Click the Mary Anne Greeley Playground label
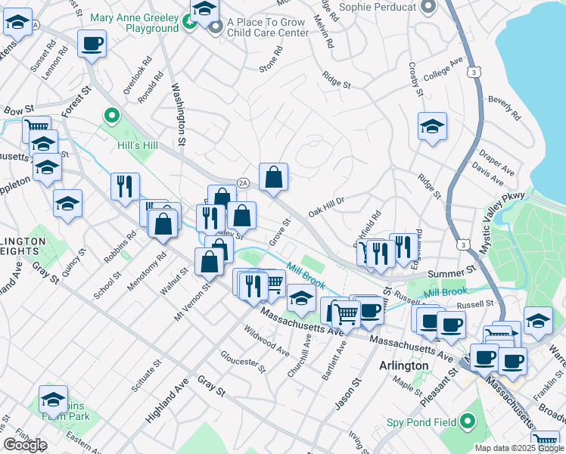[134, 23]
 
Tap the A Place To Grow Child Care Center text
[266, 28]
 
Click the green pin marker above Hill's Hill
[112, 117]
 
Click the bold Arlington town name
[403, 365]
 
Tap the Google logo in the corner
[24, 445]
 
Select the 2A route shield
[243, 182]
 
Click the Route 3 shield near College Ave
[474, 72]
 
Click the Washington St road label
[179, 114]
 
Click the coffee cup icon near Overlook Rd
[92, 44]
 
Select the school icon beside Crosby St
[432, 126]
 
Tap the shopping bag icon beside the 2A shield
[273, 177]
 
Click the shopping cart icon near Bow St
[36, 127]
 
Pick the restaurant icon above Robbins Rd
[125, 186]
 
